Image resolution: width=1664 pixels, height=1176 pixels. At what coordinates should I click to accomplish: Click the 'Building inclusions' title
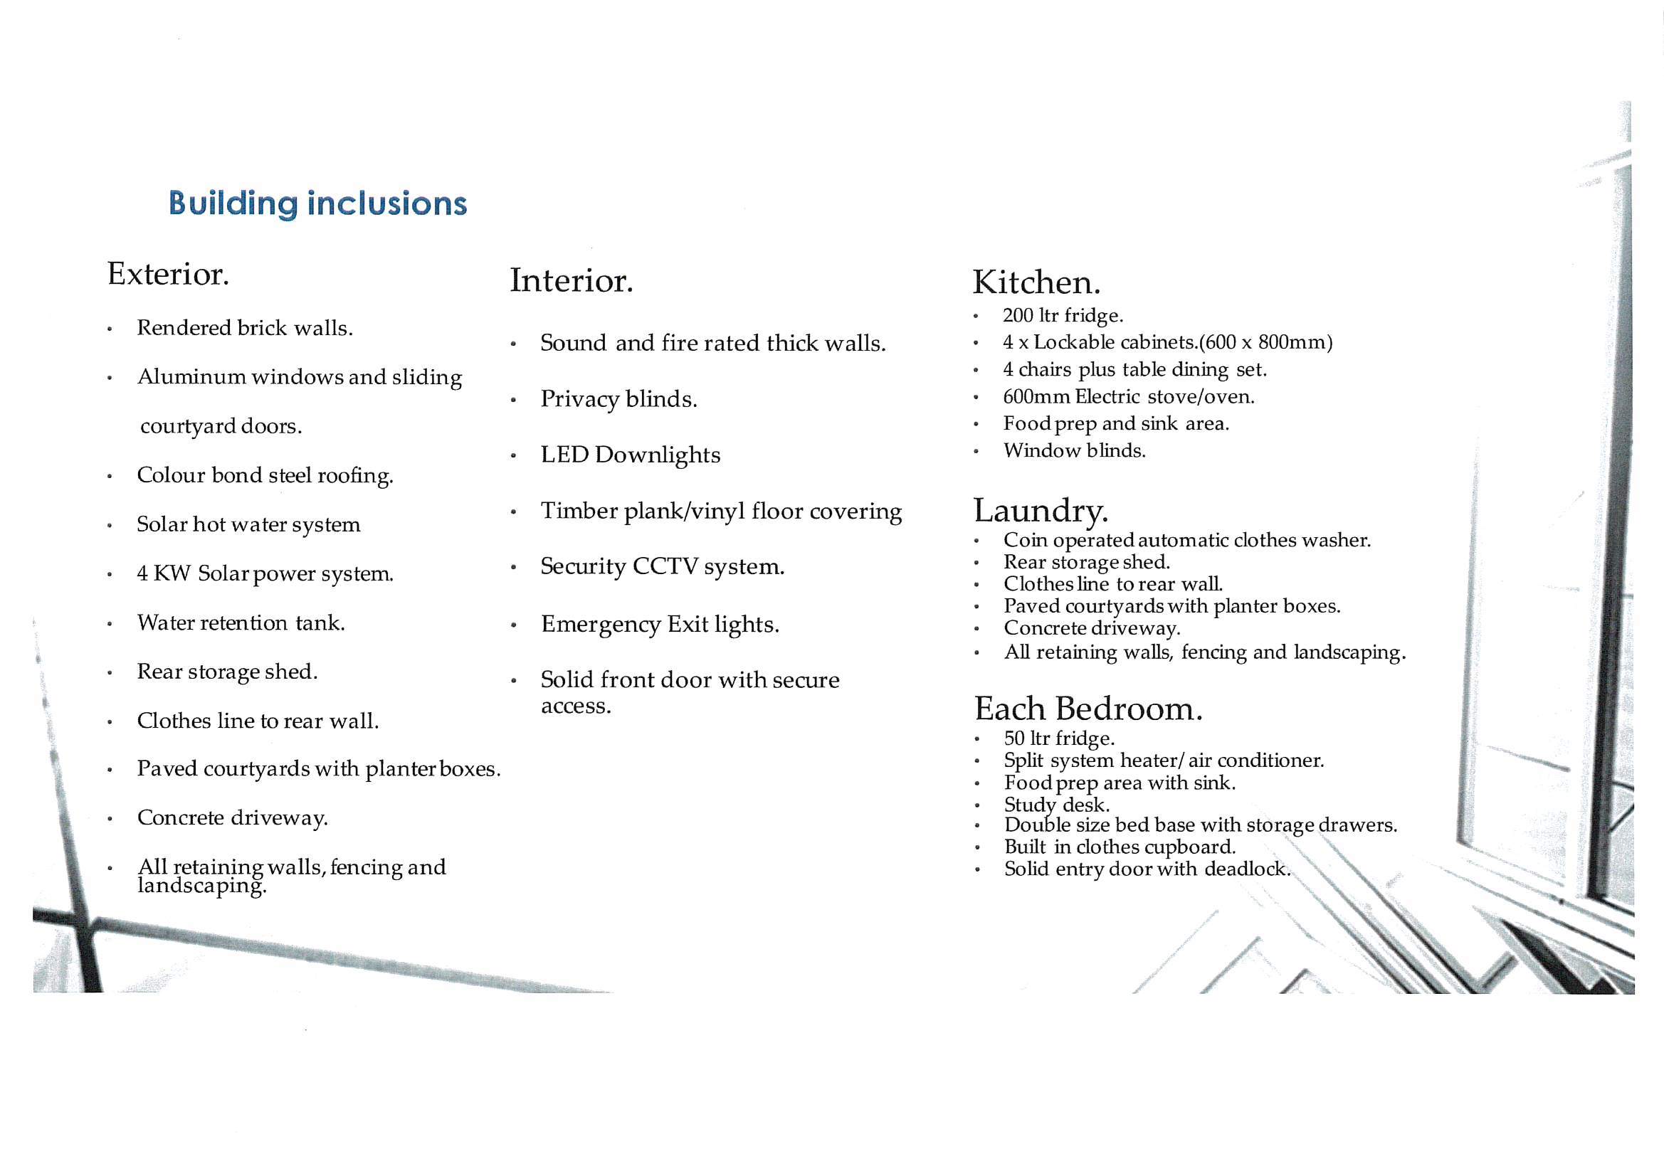[x=317, y=203]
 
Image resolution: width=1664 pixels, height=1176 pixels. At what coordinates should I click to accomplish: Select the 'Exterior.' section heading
[x=168, y=274]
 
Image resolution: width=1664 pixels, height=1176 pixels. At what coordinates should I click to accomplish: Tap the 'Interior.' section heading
[x=571, y=281]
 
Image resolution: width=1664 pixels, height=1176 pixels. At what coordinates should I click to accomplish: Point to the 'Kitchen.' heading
[x=1036, y=282]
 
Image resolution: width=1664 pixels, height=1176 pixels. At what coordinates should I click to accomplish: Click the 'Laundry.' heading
[x=1040, y=510]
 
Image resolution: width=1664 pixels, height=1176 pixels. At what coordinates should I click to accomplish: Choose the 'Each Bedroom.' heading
[x=1088, y=709]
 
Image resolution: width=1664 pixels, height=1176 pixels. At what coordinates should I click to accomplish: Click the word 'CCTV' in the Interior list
[x=664, y=566]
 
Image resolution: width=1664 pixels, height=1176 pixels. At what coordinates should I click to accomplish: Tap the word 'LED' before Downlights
[x=564, y=455]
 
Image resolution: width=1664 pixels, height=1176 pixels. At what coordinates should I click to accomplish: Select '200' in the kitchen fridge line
[x=1018, y=315]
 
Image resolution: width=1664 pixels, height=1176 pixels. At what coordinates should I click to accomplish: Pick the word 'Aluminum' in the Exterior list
[x=191, y=377]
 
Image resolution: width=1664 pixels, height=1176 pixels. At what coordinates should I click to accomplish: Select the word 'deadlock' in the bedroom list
[x=1246, y=869]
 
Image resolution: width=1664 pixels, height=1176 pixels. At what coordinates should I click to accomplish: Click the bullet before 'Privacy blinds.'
[x=513, y=400]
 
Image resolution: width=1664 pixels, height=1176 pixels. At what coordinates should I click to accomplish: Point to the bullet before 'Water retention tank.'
[x=110, y=624]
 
